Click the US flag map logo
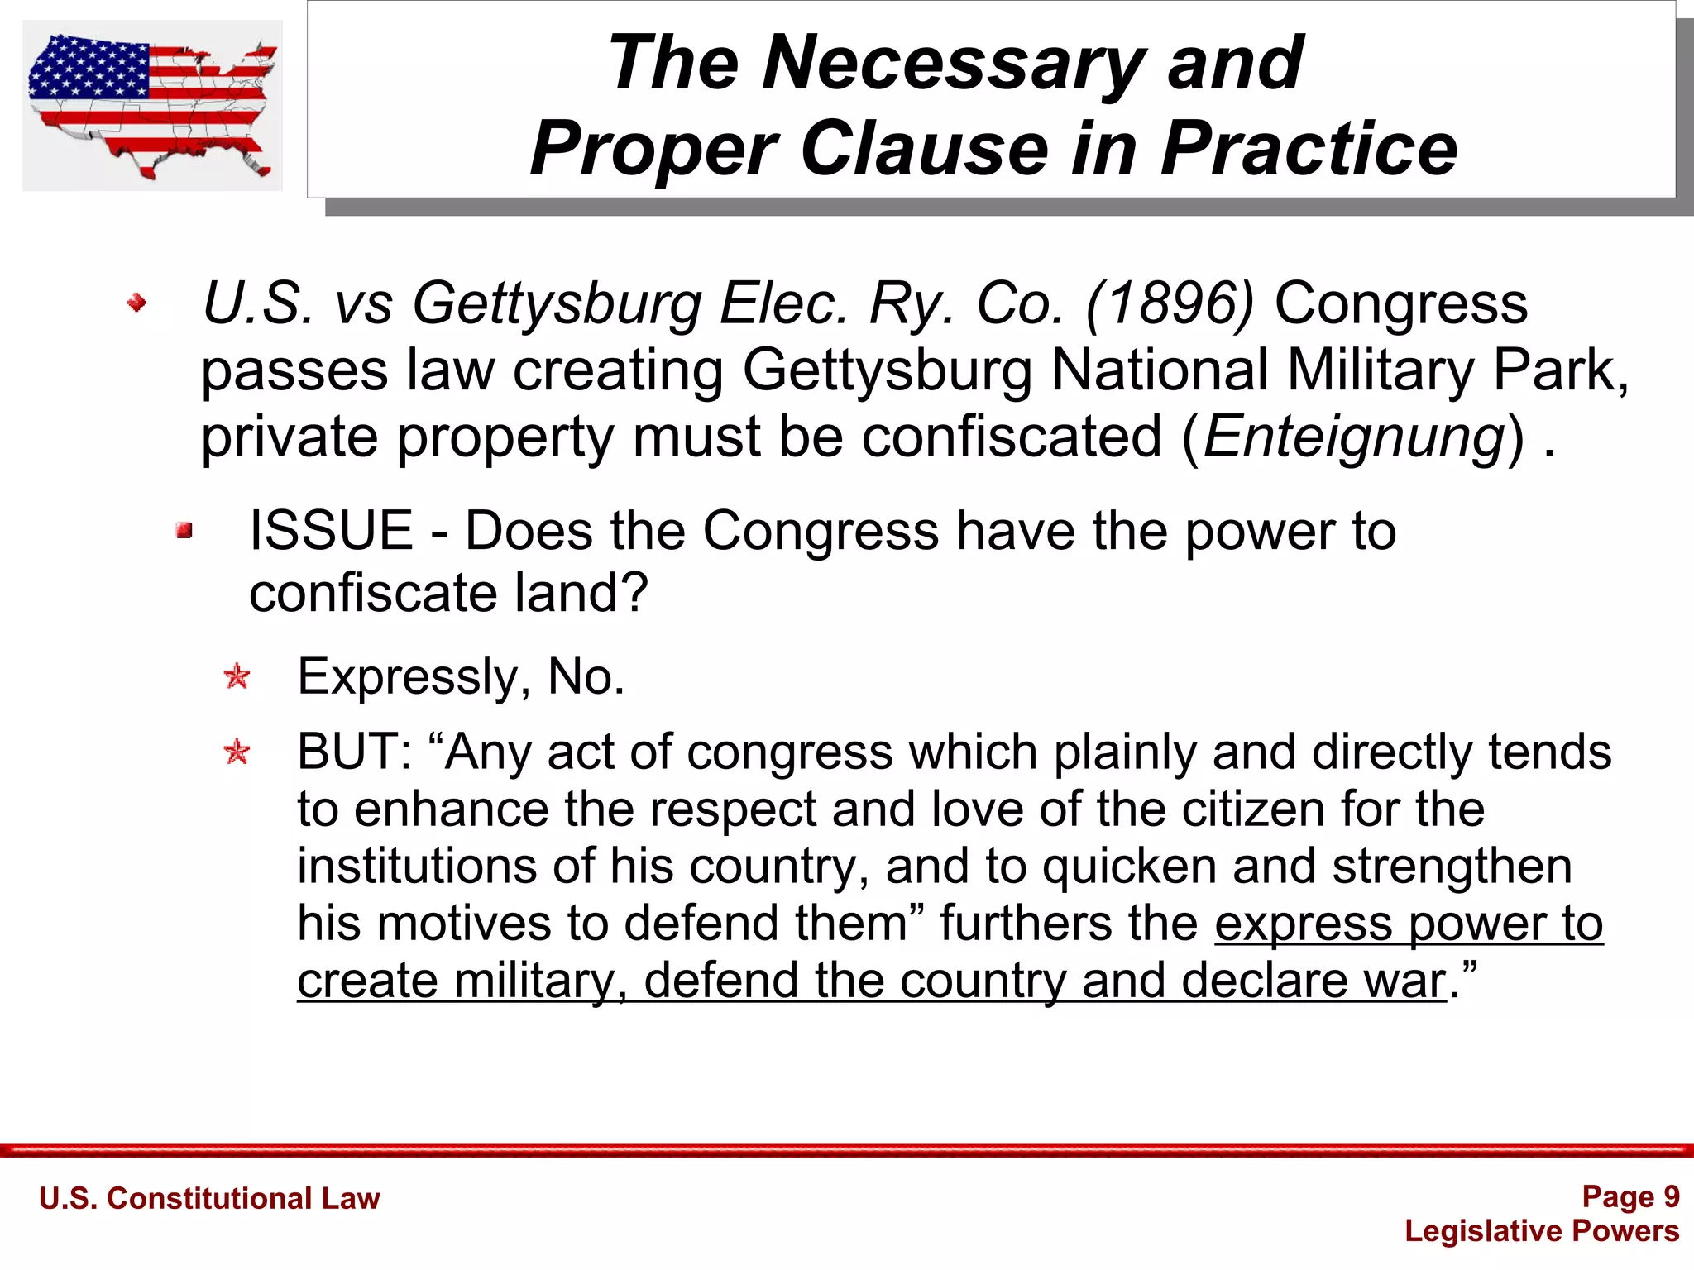152,106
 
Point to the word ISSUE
331,531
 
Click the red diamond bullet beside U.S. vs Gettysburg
137,303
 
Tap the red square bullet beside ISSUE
184,530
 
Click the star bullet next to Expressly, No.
237,677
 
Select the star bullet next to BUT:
237,752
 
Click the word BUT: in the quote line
354,752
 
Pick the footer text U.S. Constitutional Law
209,1198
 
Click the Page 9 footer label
1629,1196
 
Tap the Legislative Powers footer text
1542,1231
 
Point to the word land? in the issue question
581,594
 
